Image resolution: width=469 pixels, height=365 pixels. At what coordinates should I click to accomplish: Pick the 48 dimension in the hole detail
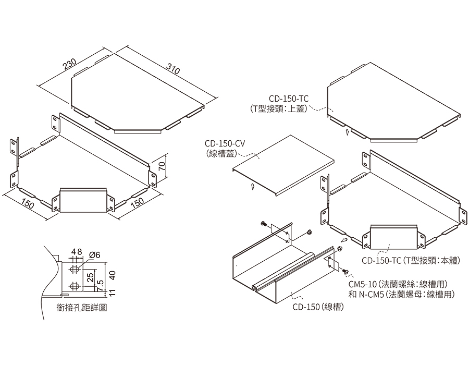click(77, 252)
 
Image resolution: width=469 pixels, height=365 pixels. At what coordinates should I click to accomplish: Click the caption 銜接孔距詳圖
click(82, 308)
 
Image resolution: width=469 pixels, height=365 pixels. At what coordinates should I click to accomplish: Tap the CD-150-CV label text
click(225, 143)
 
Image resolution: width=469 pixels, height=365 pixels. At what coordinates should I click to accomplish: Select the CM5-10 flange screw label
click(398, 284)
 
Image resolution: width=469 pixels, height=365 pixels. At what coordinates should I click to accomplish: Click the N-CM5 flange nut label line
click(401, 294)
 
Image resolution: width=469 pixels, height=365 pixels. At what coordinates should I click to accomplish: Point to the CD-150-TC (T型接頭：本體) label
click(412, 260)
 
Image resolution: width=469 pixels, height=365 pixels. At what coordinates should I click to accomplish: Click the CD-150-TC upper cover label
click(289, 98)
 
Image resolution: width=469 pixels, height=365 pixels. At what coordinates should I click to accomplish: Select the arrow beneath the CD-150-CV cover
click(252, 185)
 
